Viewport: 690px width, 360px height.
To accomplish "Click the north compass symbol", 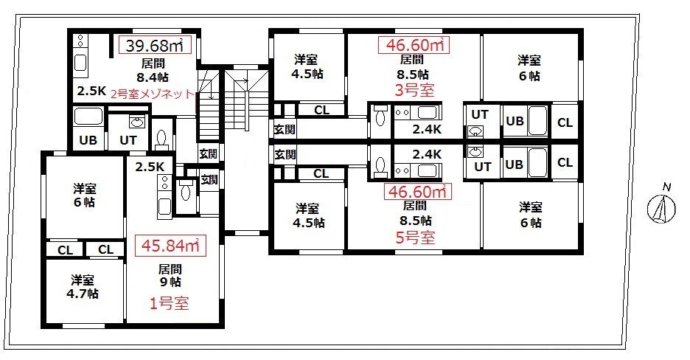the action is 661,207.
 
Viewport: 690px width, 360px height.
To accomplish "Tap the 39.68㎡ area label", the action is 155,45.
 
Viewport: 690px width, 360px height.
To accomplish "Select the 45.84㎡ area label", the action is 170,246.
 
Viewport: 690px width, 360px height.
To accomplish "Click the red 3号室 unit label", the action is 414,90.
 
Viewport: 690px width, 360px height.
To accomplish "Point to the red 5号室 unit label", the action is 416,238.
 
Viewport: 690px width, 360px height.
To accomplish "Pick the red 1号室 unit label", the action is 170,303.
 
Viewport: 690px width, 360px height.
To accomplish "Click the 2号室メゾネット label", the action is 153,94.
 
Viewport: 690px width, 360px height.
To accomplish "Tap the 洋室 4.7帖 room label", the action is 83,287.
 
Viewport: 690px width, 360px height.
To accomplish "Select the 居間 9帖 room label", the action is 170,275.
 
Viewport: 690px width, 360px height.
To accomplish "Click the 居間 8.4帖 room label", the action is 153,70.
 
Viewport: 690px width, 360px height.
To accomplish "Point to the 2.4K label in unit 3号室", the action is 427,129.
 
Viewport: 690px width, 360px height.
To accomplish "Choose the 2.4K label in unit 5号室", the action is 427,154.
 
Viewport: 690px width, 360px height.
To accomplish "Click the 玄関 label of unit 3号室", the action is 285,129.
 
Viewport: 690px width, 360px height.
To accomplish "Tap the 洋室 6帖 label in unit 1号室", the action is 84,195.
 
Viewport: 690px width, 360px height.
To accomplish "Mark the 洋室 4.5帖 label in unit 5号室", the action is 308,215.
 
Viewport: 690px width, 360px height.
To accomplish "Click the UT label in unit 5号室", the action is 482,167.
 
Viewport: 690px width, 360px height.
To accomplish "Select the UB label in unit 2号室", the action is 88,140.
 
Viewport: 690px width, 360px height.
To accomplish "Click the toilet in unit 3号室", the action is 380,117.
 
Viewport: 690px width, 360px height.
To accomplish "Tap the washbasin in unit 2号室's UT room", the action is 137,122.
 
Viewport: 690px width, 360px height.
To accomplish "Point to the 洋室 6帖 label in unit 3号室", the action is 529,68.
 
